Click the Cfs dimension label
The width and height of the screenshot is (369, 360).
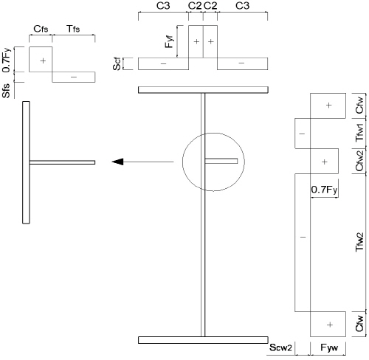click(x=41, y=29)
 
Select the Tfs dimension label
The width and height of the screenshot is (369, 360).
click(x=73, y=29)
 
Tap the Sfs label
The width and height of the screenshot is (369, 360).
click(x=7, y=91)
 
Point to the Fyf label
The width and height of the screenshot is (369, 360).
click(x=170, y=41)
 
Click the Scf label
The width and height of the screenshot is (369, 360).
click(x=117, y=64)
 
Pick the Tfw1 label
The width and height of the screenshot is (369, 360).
click(x=359, y=132)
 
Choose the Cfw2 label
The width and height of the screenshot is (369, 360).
click(x=359, y=161)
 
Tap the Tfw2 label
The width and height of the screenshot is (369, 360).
click(x=359, y=242)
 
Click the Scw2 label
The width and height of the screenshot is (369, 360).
click(x=280, y=347)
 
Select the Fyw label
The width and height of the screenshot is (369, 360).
click(x=329, y=347)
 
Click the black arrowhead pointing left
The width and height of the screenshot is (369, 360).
click(x=117, y=162)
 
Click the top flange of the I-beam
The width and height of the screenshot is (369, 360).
click(x=203, y=90)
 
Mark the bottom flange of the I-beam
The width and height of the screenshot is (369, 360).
click(x=203, y=340)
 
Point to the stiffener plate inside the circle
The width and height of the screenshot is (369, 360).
click(x=221, y=161)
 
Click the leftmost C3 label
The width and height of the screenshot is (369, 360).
click(x=163, y=6)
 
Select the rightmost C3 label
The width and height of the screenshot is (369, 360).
click(x=243, y=6)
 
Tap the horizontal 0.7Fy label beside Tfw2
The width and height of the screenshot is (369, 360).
click(x=324, y=190)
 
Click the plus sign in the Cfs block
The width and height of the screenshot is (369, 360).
click(x=43, y=60)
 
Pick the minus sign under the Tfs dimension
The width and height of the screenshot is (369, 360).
click(x=74, y=77)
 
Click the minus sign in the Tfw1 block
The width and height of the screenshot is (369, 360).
click(x=302, y=134)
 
